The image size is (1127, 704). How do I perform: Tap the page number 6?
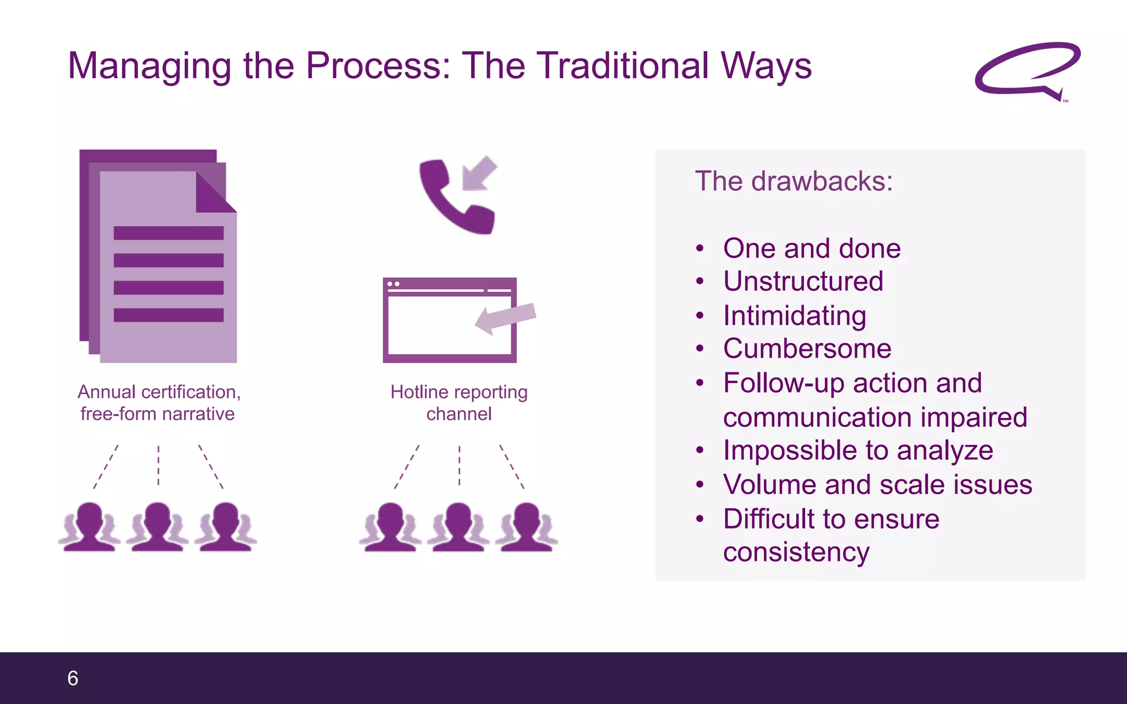(73, 678)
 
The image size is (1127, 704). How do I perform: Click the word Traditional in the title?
(622, 66)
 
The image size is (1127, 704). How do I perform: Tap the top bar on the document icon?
(168, 233)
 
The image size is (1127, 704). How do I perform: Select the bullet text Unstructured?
(803, 282)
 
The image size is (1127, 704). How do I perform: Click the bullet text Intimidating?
(795, 316)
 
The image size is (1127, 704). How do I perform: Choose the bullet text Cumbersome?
(807, 349)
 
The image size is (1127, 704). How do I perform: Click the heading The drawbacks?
(794, 182)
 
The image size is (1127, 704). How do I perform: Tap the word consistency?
(796, 552)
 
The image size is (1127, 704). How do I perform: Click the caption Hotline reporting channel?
(459, 403)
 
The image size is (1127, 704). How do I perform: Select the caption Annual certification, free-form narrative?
(158, 403)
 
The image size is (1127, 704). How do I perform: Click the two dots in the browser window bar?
(393, 284)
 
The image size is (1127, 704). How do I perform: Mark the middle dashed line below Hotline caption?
(459, 465)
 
